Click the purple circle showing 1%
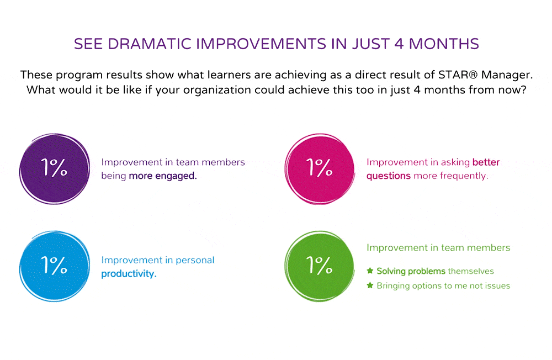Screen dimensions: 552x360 (x=55, y=169)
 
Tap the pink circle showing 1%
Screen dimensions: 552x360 (x=320, y=169)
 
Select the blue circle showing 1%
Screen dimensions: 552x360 (x=55, y=266)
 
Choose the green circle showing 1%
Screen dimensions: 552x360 (x=320, y=266)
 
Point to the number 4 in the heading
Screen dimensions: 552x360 (x=399, y=44)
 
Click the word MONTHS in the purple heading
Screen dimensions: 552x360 (x=444, y=44)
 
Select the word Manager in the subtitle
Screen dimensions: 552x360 (x=507, y=75)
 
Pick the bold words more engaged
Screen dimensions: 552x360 (x=163, y=176)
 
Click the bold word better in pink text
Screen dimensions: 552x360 (x=486, y=162)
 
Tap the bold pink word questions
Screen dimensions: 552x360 (x=388, y=176)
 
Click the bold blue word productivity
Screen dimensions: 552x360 (x=129, y=274)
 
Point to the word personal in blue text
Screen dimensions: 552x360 (x=195, y=260)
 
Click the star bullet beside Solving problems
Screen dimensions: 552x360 (x=370, y=271)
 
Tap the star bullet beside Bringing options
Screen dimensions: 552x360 (x=370, y=285)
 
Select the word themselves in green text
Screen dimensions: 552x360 (x=471, y=271)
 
